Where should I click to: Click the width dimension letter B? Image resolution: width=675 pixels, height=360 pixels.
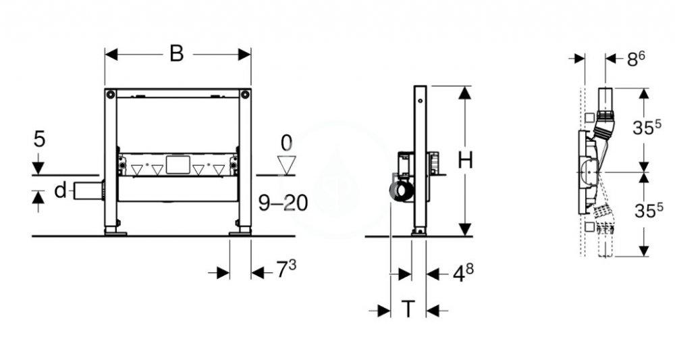click(176, 54)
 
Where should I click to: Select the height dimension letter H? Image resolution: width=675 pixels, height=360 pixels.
click(466, 160)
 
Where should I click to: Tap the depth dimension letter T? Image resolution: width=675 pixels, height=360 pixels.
click(408, 309)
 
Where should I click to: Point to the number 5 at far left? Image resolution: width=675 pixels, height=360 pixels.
click(40, 140)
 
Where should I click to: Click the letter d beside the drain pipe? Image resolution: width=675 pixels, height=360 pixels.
click(60, 191)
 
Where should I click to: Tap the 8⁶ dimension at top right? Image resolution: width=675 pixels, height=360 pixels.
click(636, 59)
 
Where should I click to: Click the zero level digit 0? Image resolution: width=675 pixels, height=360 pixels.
click(288, 143)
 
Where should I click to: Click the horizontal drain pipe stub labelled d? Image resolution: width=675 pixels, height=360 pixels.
click(86, 191)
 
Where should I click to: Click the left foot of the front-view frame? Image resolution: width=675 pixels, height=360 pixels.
click(115, 232)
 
